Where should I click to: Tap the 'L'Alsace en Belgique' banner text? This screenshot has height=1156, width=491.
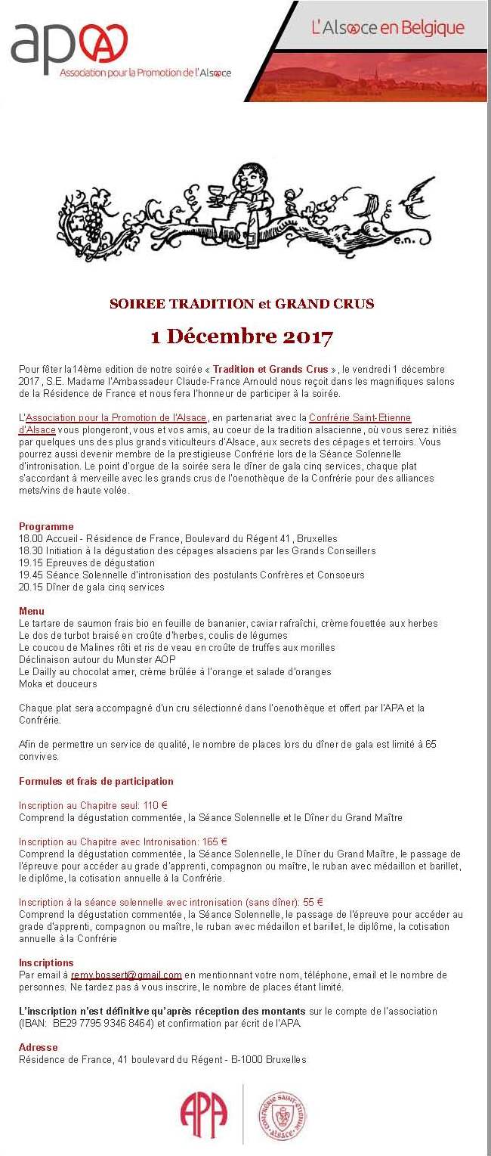pyautogui.click(x=388, y=29)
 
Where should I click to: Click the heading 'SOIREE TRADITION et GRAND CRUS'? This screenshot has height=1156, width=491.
pyautogui.click(x=242, y=304)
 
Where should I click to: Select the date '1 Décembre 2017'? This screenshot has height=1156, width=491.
pyautogui.click(x=242, y=336)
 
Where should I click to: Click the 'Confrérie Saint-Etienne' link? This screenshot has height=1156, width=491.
pyautogui.click(x=360, y=417)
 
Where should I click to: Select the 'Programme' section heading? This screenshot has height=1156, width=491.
pyautogui.click(x=46, y=526)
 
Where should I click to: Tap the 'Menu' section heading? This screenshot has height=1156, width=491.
pyautogui.click(x=32, y=611)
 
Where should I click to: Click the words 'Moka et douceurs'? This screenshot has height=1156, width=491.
pyautogui.click(x=58, y=683)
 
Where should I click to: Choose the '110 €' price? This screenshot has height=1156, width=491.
pyautogui.click(x=155, y=805)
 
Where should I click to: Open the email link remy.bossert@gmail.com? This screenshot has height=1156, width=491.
pyautogui.click(x=126, y=975)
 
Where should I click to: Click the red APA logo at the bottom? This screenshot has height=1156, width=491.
pyautogui.click(x=203, y=1116)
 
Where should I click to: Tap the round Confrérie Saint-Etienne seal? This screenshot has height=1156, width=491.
pyautogui.click(x=282, y=1116)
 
